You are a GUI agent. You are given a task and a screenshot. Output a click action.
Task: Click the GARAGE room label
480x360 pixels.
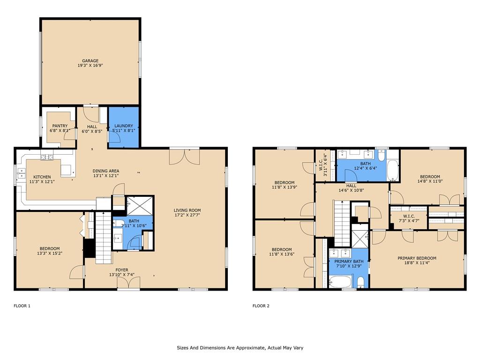point(90,60)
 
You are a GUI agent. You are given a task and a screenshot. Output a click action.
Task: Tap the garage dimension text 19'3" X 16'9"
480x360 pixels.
point(90,65)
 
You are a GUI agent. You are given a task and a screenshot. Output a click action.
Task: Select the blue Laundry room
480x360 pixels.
point(124,127)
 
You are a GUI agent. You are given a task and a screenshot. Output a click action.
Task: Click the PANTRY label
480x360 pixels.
point(60,126)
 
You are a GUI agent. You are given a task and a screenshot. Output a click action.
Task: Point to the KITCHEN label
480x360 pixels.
point(42,177)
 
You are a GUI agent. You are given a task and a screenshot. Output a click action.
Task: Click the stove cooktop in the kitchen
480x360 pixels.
point(47,157)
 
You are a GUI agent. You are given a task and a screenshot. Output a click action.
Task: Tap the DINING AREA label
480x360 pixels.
point(106,171)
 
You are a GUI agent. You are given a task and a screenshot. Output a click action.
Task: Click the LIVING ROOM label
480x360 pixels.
point(187,210)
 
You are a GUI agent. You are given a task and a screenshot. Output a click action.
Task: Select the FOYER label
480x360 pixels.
point(122,270)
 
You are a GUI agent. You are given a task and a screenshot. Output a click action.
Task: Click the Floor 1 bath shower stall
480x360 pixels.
point(140,206)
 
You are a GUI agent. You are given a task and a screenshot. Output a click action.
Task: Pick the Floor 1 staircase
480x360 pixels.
point(104,238)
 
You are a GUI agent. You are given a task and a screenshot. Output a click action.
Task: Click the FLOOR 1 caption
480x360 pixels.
point(22,306)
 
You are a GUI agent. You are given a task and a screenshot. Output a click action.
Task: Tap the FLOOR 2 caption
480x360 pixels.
point(261,306)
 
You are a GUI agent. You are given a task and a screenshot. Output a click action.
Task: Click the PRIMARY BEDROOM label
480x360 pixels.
point(417,258)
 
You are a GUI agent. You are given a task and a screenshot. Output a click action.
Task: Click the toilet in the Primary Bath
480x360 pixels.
point(361,282)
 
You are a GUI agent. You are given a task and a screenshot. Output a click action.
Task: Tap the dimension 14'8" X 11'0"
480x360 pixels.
point(430,181)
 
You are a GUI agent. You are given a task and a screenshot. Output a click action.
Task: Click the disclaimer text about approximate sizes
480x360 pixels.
point(240,348)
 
